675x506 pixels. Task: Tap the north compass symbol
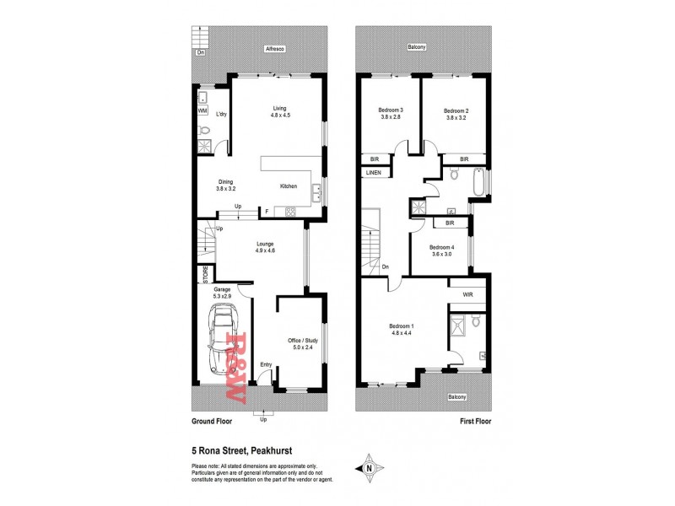click(369, 466)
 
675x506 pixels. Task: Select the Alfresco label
click(273, 49)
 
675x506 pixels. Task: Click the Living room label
click(280, 107)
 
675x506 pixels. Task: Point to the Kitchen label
click(288, 186)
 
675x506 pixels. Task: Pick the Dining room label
click(225, 181)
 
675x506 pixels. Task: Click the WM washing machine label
click(202, 110)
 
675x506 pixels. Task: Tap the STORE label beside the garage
click(203, 275)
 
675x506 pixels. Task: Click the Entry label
click(265, 364)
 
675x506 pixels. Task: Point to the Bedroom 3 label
click(390, 110)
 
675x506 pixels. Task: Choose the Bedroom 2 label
click(456, 110)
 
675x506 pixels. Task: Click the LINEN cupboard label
click(373, 173)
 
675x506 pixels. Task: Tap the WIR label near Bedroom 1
click(467, 294)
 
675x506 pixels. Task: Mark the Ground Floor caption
click(213, 420)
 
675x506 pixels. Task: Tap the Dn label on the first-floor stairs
click(385, 267)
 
